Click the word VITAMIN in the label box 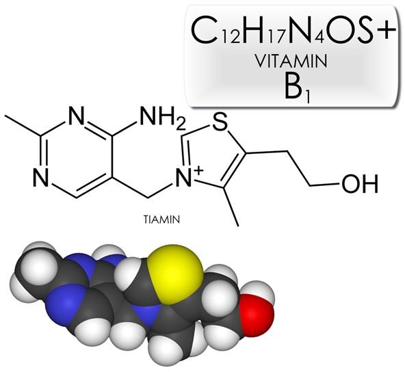(291, 61)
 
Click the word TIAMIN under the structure (161, 220)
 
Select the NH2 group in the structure (163, 118)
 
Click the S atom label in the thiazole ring (220, 122)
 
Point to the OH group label (360, 184)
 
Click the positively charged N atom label (184, 178)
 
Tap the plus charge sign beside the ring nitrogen (198, 170)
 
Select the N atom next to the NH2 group (77, 116)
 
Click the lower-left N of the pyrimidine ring (41, 178)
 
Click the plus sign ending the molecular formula (386, 30)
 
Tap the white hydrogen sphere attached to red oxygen (261, 291)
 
